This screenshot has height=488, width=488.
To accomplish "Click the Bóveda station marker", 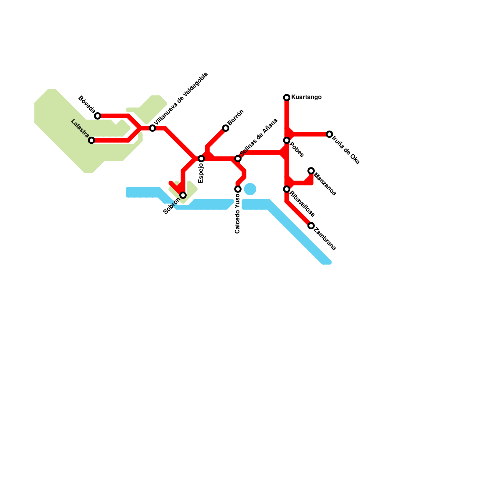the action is tap(98, 116).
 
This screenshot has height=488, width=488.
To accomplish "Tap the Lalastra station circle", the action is tap(91, 140).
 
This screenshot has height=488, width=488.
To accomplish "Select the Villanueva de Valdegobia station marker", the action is tap(152, 128).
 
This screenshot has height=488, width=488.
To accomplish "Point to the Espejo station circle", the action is tap(201, 159).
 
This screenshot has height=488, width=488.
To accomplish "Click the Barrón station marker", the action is tap(226, 128).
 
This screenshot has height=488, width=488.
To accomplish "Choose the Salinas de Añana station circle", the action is tap(238, 159).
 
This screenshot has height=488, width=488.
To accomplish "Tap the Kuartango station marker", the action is tap(287, 98).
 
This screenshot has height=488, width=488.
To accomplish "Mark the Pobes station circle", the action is tap(287, 140).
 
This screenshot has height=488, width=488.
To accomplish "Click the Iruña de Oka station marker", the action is tap(329, 134).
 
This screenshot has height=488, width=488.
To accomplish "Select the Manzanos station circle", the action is tap(311, 171).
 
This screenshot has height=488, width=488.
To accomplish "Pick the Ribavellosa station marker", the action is tap(287, 189).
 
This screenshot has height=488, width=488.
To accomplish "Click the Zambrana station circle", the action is tap(311, 226).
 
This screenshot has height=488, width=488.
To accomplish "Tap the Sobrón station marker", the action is tap(183, 195).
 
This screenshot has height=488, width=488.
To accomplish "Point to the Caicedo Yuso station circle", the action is tap(238, 189).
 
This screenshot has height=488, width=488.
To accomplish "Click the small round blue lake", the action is tap(250, 189).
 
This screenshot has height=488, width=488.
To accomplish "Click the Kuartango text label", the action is tap(306, 97).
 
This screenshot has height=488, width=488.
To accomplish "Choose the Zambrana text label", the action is tap(325, 239).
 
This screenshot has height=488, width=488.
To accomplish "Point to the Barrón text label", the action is tap(236, 117).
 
